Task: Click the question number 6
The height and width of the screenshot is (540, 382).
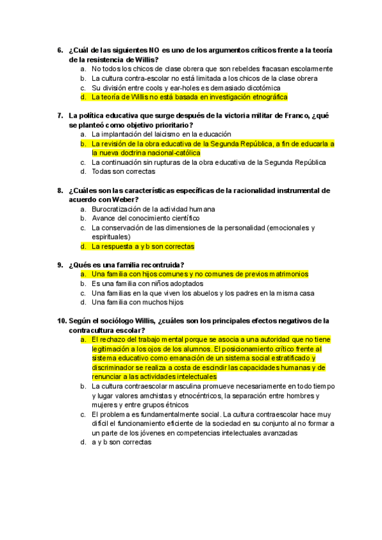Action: pyautogui.click(x=60, y=50)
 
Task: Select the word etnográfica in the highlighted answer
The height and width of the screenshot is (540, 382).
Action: pyautogui.click(x=268, y=97)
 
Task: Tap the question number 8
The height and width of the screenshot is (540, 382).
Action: pyautogui.click(x=60, y=190)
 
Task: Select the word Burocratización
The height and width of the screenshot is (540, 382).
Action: pyautogui.click(x=119, y=209)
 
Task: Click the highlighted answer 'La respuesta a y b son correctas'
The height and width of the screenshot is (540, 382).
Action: pyautogui.click(x=143, y=246)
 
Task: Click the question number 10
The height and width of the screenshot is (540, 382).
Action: pyautogui.click(x=62, y=321)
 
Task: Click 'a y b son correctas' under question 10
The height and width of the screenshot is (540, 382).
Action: pyautogui.click(x=122, y=442)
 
